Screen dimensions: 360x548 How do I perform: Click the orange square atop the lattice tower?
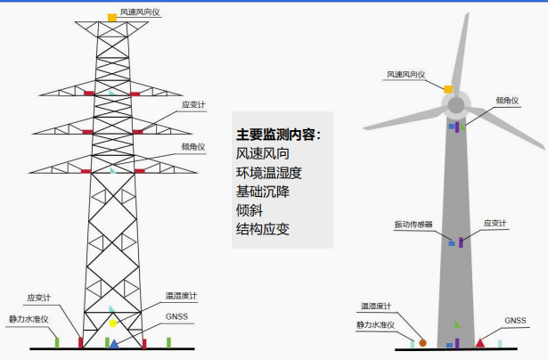coord(112,17)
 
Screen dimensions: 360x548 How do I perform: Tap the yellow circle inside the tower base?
coord(113,322)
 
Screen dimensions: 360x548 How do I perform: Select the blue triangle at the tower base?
coord(114,343)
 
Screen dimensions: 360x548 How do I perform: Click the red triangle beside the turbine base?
coord(480,342)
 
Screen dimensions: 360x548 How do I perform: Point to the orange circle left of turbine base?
coord(423,341)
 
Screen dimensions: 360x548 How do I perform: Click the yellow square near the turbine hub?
coord(448,88)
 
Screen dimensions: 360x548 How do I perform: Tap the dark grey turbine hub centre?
coord(455,105)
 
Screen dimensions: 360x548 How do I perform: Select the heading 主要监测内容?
coord(278,135)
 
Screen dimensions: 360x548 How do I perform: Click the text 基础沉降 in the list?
coord(262,191)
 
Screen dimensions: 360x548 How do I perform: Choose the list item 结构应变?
coord(262,229)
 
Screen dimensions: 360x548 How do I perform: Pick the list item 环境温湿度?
coord(269,172)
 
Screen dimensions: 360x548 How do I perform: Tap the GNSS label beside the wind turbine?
coord(516,320)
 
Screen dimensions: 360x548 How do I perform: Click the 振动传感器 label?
coord(413,225)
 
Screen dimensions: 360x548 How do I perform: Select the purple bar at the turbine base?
coord(457,343)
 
